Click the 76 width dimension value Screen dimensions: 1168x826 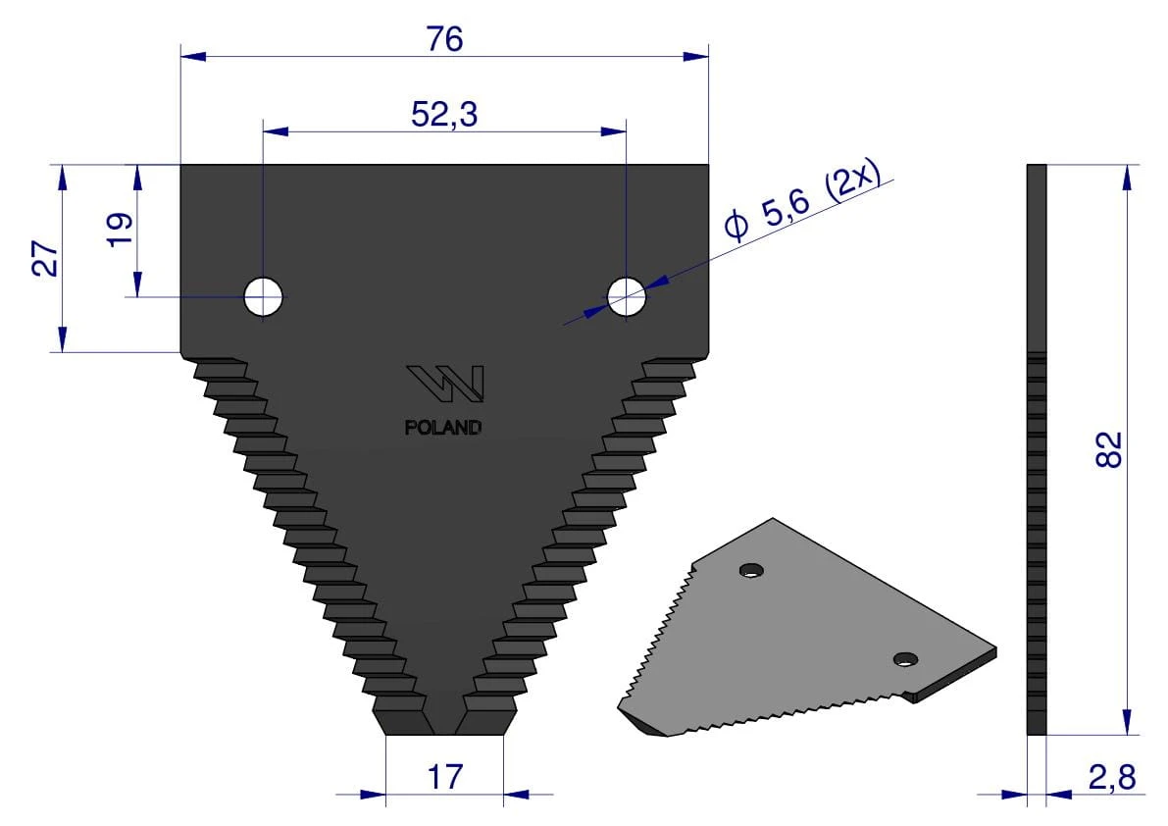[x=444, y=38]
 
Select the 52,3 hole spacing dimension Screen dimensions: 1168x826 [x=444, y=115]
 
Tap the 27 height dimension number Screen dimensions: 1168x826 [x=46, y=258]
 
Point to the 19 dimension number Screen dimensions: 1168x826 [x=120, y=230]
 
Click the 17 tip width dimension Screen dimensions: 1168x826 [x=444, y=777]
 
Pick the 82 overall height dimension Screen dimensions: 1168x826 [x=1108, y=449]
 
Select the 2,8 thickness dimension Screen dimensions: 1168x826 [x=1111, y=778]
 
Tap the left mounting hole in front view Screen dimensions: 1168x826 [x=264, y=296]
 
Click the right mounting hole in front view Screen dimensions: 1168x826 [x=627, y=296]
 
